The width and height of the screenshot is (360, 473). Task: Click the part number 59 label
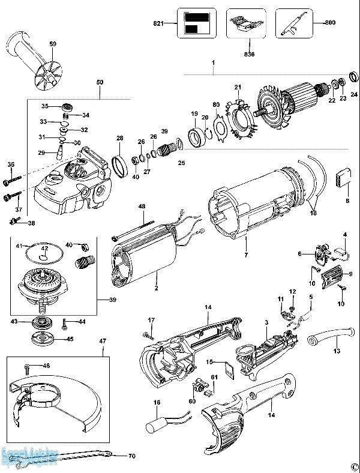tap(53, 44)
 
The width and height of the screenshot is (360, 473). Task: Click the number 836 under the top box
tap(250, 53)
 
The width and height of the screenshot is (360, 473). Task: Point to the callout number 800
tap(330, 22)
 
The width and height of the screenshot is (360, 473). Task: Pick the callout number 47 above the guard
tap(103, 341)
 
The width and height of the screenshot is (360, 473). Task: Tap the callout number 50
tap(100, 81)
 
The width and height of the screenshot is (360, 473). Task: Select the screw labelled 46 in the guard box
tap(26, 366)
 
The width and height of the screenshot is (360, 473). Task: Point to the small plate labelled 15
tap(227, 367)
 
